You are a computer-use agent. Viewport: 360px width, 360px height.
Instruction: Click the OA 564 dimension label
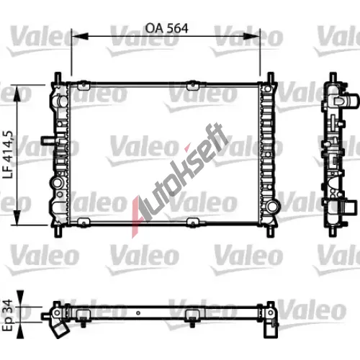[166, 28]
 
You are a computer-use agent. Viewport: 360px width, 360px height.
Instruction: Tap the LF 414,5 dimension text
[8, 154]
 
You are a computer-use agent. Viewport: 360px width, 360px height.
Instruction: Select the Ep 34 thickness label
[8, 315]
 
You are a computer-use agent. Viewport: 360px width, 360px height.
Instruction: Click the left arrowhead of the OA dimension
[80, 36]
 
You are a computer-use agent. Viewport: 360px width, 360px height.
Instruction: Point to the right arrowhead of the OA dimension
[251, 36]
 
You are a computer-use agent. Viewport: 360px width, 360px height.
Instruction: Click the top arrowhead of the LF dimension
[17, 94]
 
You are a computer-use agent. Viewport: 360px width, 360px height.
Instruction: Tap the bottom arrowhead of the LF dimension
[17, 217]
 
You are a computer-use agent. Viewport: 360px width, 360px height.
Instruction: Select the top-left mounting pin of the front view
[58, 77]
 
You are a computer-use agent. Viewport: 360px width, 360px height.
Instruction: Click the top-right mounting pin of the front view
[271, 77]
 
